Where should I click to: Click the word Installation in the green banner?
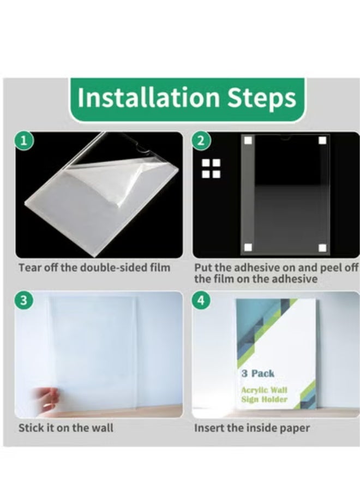pos(149,98)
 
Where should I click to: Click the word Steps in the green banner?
pos(261,99)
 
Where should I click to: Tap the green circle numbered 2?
pos(201,141)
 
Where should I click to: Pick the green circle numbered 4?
pos(201,300)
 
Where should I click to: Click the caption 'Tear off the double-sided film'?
pos(94,268)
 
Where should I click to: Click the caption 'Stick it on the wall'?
pos(66,428)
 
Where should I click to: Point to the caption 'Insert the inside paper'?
pos(252,428)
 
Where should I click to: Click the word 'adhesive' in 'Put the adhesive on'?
pos(257,268)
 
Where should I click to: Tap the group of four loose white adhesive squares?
pos(211,169)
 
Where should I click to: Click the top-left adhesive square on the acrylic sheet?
pos(248,141)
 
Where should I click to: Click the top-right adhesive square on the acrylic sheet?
pos(322,141)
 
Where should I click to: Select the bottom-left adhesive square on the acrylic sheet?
pos(248,248)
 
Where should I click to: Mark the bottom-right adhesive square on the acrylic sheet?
pos(322,248)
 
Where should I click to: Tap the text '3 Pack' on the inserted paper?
pos(257,374)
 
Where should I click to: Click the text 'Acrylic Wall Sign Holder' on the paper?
pos(264,394)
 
